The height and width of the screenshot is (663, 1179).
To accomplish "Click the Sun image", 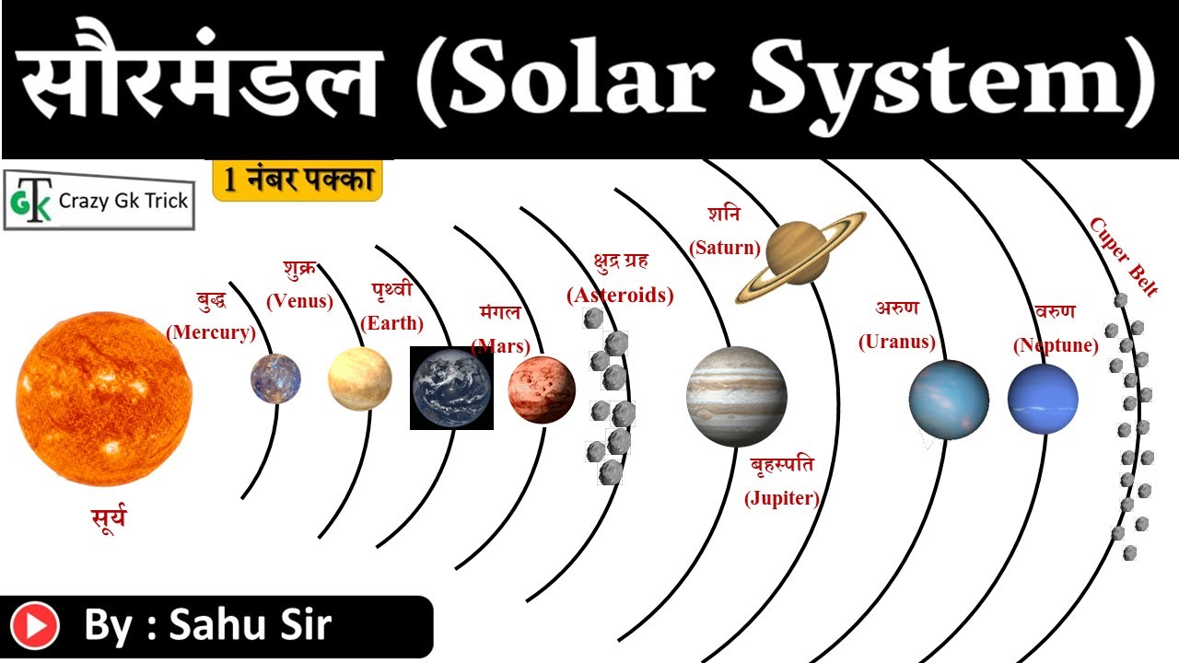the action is pyautogui.click(x=104, y=399).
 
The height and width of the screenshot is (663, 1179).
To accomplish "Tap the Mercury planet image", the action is pyautogui.click(x=275, y=378).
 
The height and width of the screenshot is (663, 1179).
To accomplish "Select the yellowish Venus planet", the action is pyautogui.click(x=360, y=378).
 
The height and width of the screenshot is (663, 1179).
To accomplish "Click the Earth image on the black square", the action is pyautogui.click(x=451, y=389).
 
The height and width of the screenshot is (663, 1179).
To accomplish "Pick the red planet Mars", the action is pyautogui.click(x=542, y=390).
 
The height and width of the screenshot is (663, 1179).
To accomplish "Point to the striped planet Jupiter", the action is pyautogui.click(x=737, y=397).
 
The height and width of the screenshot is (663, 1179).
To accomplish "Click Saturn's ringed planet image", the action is pyautogui.click(x=800, y=257).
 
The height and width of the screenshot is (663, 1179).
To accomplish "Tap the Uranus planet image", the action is pyautogui.click(x=949, y=400).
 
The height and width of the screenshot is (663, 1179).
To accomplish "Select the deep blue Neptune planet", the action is pyautogui.click(x=1043, y=400).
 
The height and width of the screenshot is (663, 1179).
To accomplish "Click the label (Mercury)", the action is pyautogui.click(x=211, y=332).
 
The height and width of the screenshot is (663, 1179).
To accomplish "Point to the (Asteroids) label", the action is pyautogui.click(x=620, y=296).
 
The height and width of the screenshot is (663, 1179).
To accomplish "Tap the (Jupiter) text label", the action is pyautogui.click(x=782, y=498).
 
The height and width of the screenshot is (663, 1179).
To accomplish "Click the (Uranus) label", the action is pyautogui.click(x=897, y=342).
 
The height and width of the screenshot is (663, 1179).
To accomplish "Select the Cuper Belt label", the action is pyautogui.click(x=1125, y=256).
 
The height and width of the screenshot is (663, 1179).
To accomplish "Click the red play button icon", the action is pyautogui.click(x=35, y=625).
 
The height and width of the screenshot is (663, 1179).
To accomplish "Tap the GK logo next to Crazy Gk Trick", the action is pyautogui.click(x=31, y=201).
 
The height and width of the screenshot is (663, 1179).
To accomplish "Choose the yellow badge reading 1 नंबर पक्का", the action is pyautogui.click(x=298, y=180).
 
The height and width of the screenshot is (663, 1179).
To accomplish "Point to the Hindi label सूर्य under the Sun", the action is pyautogui.click(x=109, y=518).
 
